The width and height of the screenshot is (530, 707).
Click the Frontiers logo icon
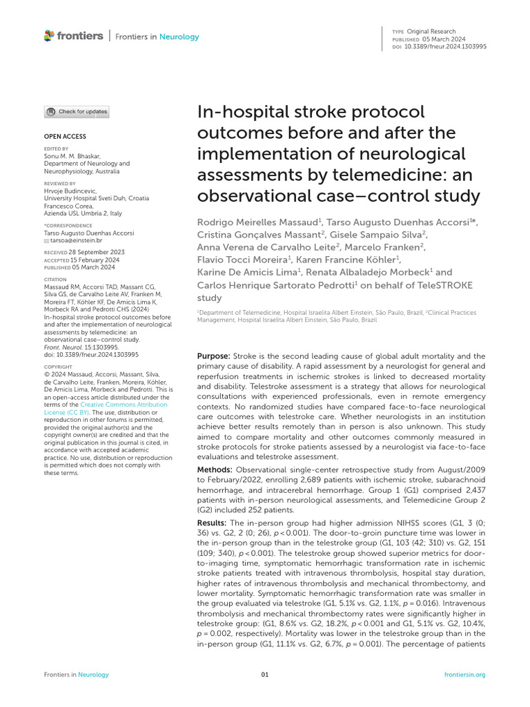point(48,35)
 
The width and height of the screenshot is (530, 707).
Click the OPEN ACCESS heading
point(66,137)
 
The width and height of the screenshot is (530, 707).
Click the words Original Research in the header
point(431,32)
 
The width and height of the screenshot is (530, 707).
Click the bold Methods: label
point(215,469)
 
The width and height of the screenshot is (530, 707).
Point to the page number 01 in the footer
point(265,675)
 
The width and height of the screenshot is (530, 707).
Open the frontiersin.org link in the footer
point(465,675)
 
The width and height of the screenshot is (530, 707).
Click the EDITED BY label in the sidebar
point(57,148)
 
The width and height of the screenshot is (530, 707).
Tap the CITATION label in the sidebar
point(57,280)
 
